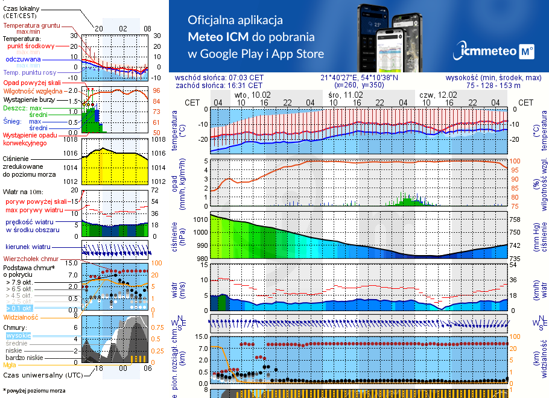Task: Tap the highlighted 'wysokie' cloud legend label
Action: click(x=18, y=335)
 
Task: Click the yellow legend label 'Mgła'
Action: click(x=10, y=365)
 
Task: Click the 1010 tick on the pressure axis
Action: click(x=200, y=220)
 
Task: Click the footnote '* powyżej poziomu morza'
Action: click(x=34, y=391)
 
